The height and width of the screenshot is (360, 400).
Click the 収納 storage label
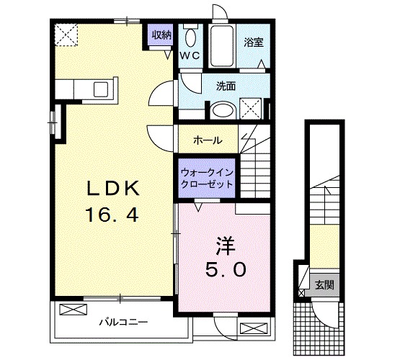161,35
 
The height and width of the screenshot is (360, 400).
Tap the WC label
190,55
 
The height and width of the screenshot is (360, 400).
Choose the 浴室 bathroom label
254,42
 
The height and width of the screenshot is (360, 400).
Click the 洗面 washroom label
226,86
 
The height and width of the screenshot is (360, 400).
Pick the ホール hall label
208,140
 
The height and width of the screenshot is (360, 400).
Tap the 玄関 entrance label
324,284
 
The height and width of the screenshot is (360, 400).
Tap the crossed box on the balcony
72,310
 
